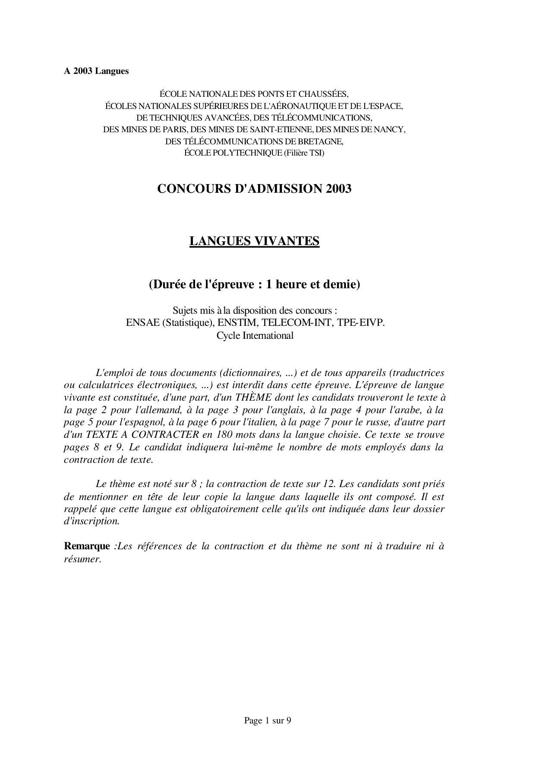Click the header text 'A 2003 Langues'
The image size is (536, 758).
[96, 71]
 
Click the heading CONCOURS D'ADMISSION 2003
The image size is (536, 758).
[254, 189]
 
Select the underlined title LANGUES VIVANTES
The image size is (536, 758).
[254, 241]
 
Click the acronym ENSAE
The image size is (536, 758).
[142, 323]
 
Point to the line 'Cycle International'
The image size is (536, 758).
[255, 335]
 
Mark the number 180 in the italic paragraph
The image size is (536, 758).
[228, 434]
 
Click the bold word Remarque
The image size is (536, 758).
[87, 546]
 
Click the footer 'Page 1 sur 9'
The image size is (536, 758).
[268, 720]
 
